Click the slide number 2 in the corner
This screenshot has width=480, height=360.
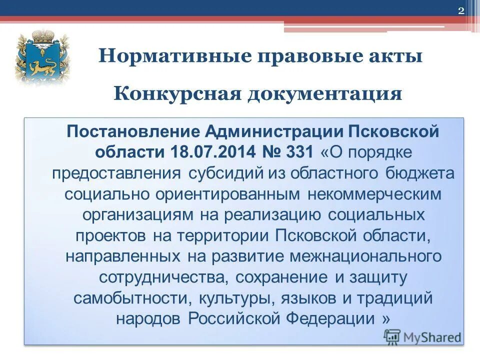point(461,11)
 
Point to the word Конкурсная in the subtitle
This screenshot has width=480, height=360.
point(175,93)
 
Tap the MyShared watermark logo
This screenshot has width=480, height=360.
point(422,337)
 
